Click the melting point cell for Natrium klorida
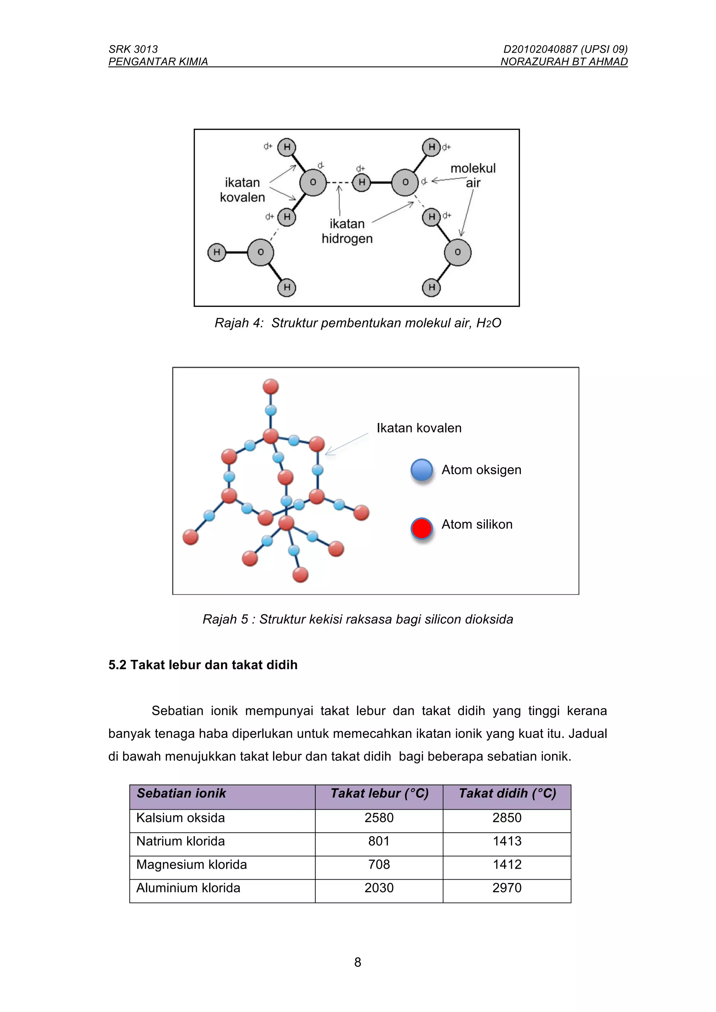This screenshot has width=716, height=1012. [379, 841]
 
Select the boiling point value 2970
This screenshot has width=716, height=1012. [507, 888]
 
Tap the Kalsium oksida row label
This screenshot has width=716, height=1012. [180, 818]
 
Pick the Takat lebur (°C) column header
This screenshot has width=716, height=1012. [379, 793]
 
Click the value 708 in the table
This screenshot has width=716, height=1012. [379, 864]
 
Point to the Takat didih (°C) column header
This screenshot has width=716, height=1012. [507, 793]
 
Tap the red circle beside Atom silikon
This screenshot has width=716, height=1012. [422, 528]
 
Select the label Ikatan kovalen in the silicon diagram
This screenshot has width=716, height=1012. [419, 428]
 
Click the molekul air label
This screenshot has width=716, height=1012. [473, 175]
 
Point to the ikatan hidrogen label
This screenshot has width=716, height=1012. [347, 231]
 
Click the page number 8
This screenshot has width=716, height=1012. [358, 962]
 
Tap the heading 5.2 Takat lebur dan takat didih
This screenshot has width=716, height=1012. [203, 665]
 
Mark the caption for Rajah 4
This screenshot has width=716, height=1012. [358, 323]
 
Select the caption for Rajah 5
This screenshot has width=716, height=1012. [358, 619]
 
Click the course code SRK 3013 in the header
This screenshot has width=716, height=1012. [133, 49]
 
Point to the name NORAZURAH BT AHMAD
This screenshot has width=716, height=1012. [564, 62]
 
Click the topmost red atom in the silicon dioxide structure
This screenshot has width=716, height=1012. [271, 386]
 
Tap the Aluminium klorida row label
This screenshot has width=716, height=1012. [188, 888]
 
